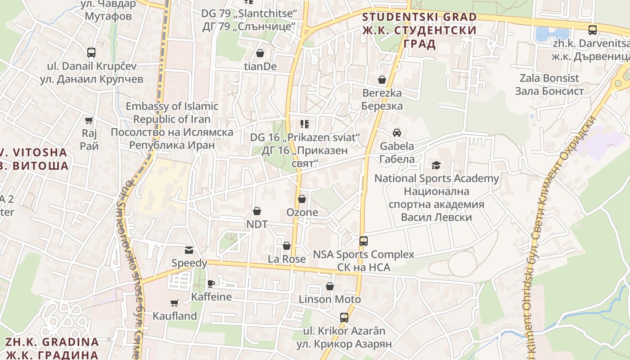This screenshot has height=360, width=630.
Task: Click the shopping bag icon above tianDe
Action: point(260,53)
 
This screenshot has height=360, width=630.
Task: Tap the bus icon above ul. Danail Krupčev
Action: point(91,52)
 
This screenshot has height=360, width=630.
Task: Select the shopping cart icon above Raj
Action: point(89,120)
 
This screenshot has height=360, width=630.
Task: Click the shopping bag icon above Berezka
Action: point(382,80)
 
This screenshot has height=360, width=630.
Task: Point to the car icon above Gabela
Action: point(397,133)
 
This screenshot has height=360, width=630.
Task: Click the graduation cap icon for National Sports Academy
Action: point(436,165)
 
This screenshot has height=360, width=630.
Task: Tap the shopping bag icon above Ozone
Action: point(302,199)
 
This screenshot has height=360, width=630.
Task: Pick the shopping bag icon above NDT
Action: point(256,211)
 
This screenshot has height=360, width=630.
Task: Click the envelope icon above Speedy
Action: point(189,250)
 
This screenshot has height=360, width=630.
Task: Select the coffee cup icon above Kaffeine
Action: point(211,283)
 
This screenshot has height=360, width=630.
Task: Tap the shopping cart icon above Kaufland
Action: point(175,303)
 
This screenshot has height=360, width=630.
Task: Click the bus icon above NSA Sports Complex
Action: point(364,241)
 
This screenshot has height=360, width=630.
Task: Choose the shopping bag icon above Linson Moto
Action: point(330,286)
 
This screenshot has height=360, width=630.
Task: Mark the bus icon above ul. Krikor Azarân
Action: point(344,318)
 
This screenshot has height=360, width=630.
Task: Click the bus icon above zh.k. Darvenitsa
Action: point(593,30)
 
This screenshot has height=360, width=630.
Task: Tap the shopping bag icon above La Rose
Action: point(287,246)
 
